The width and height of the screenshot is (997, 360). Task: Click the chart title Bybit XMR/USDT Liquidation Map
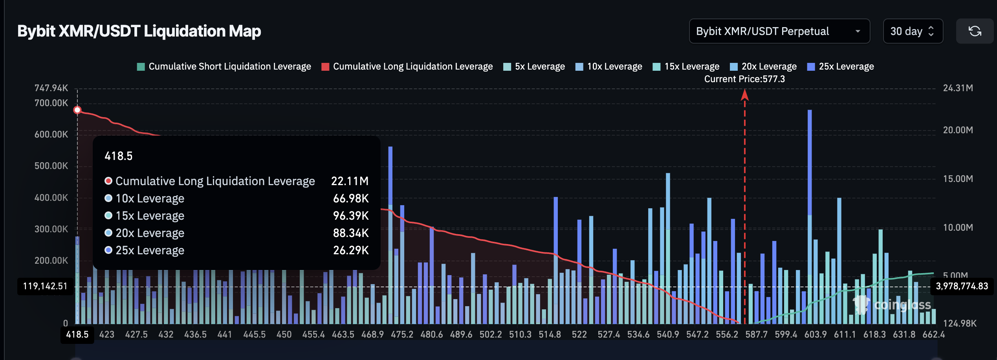[x=139, y=31]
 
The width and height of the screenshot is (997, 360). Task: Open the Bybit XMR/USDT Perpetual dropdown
[x=779, y=31]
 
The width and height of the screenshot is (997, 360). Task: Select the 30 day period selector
[x=912, y=31]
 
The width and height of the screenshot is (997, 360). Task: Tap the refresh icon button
[x=975, y=31]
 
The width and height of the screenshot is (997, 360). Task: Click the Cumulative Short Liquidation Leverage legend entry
[x=224, y=66]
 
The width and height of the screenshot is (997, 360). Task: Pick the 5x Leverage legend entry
[x=534, y=66]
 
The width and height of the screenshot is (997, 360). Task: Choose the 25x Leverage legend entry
[x=841, y=66]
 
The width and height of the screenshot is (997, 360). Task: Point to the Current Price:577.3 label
[x=744, y=79]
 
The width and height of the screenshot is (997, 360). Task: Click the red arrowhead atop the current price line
[x=745, y=95]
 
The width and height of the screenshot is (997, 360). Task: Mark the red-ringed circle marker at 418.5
[x=77, y=110]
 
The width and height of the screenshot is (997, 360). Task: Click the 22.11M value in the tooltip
[x=350, y=181]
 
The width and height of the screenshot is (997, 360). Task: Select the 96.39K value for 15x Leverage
[x=351, y=216]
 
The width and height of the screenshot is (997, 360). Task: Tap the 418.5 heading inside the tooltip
[x=118, y=156]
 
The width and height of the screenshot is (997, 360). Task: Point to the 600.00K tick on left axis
[x=51, y=134]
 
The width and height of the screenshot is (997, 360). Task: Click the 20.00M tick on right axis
[x=958, y=130]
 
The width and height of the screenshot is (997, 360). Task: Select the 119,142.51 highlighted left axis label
[x=45, y=286]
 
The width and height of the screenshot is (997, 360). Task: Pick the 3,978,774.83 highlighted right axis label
[x=962, y=286]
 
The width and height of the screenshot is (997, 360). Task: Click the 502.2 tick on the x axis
[x=491, y=334]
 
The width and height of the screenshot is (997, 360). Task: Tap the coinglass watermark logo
[x=893, y=305]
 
